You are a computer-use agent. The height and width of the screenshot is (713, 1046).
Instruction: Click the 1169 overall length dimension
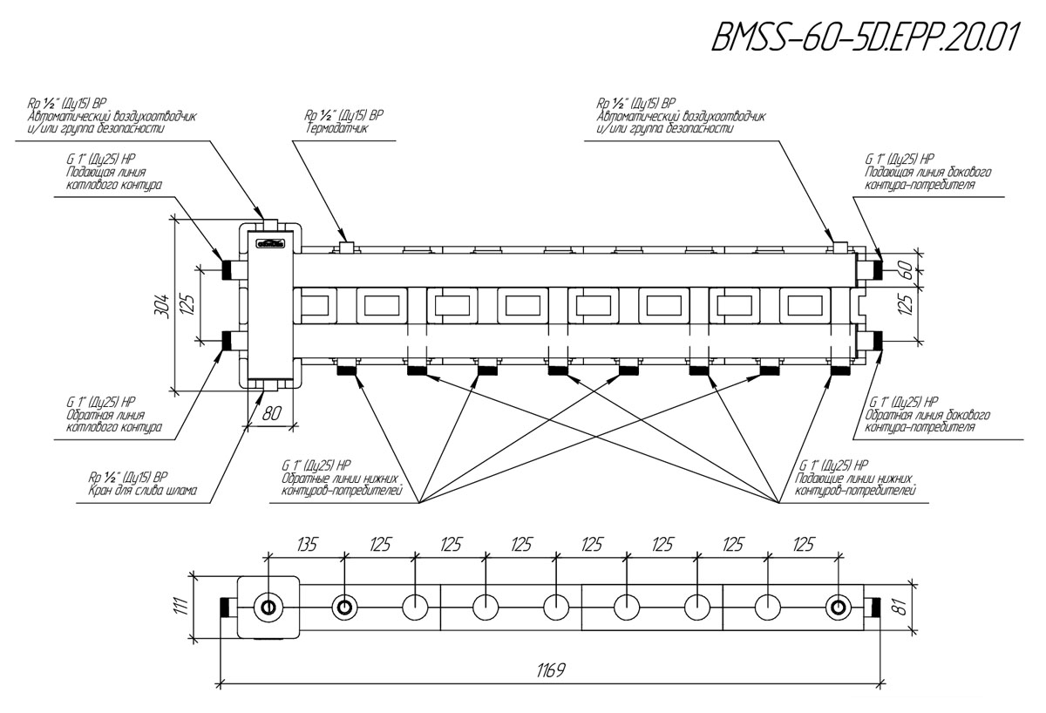(x=551, y=669)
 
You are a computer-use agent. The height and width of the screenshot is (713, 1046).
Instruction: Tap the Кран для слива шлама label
(x=143, y=491)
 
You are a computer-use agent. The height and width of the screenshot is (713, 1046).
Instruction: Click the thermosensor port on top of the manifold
(x=346, y=248)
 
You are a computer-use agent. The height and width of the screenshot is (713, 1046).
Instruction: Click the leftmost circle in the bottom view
(x=268, y=608)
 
